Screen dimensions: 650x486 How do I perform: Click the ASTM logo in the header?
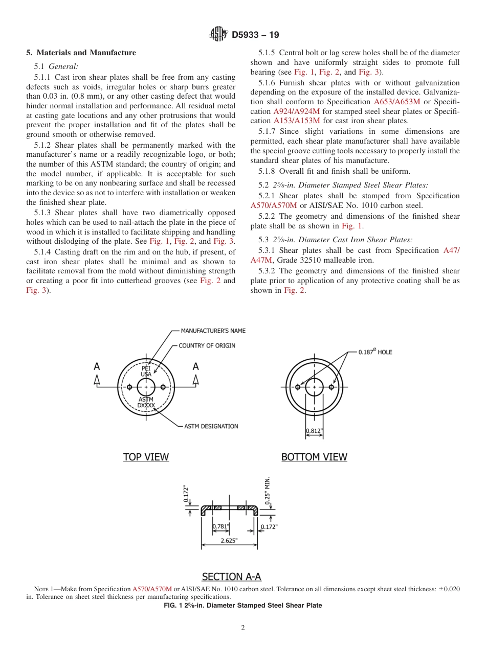[x=218, y=35]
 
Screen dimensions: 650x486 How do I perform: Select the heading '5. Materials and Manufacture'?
[x=81, y=53]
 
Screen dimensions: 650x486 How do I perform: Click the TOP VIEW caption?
[x=146, y=457]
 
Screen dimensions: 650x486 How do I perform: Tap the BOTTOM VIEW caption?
[x=314, y=457]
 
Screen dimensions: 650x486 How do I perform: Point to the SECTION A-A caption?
[x=231, y=576]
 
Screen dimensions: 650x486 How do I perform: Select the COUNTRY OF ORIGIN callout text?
[x=207, y=345]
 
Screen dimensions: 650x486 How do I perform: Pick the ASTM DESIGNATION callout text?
[x=211, y=426]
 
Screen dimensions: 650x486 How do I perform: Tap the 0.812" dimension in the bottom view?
[x=315, y=431]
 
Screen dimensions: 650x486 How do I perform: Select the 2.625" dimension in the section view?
[x=229, y=541]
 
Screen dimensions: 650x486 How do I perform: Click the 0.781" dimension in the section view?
[x=221, y=526]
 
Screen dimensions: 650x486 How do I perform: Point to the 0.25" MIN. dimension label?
[x=268, y=491]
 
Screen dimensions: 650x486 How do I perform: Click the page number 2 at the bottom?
[x=243, y=628]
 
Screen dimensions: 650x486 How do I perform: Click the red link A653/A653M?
[x=397, y=102]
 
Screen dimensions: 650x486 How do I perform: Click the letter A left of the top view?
[x=97, y=366]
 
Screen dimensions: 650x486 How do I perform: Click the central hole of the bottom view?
[x=314, y=387]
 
